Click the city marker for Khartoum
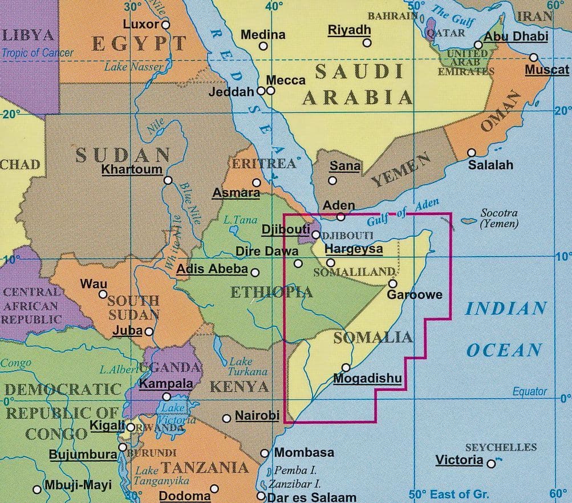pos(168,180)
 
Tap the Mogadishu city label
pos(367,379)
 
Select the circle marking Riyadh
pos(367,43)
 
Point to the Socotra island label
pos(499,218)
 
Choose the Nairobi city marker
pos(226,418)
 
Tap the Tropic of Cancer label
pos(38,54)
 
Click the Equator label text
pos(529,392)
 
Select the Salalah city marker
pos(472,153)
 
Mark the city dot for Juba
pos(149,331)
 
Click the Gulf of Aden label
pos(403,212)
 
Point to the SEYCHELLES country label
pos(501,448)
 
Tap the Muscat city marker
pos(533,57)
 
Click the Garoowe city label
pos(415,295)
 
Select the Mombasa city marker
pos(265,453)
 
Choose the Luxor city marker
pos(165,25)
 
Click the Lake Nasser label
pos(133,67)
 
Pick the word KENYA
pos(239,387)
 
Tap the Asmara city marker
pos(257,182)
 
